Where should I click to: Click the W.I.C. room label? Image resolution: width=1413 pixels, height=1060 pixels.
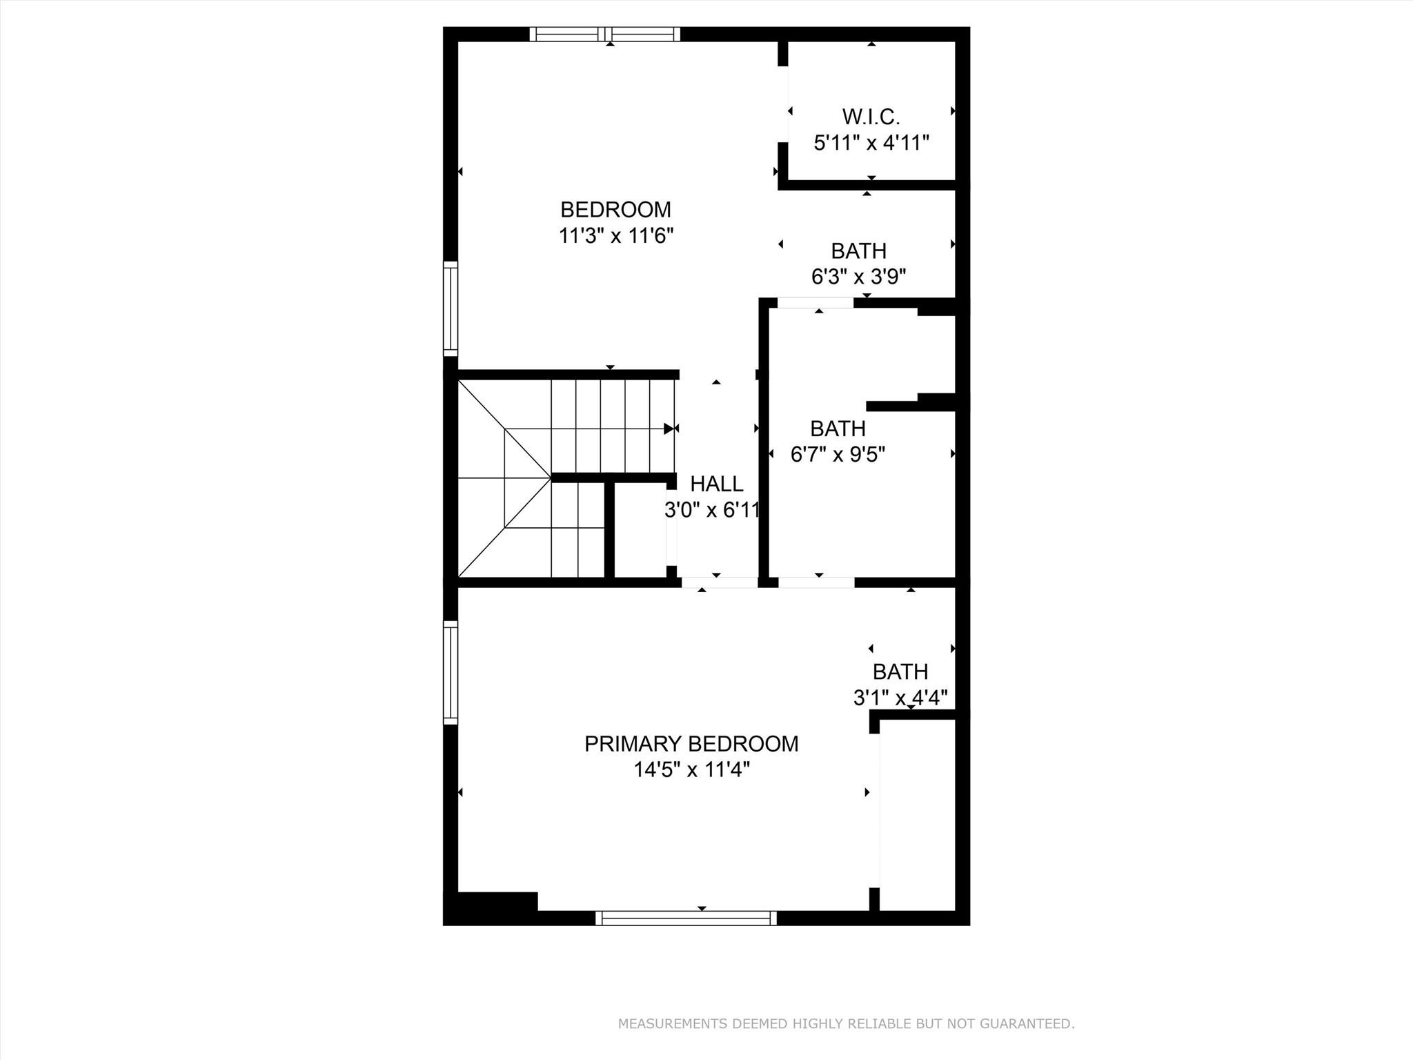(x=871, y=117)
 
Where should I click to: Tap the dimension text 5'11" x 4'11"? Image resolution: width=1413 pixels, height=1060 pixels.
(x=871, y=143)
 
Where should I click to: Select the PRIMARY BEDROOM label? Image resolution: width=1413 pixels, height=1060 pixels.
(x=691, y=743)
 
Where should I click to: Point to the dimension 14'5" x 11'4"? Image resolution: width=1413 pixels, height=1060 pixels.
(x=691, y=769)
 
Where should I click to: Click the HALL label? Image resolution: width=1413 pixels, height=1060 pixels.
(x=717, y=483)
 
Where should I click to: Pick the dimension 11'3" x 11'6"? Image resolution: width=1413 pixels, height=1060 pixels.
(x=615, y=235)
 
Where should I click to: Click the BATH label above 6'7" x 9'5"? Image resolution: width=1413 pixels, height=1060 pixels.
(x=838, y=429)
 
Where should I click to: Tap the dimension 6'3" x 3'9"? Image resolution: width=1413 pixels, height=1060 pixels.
(x=858, y=277)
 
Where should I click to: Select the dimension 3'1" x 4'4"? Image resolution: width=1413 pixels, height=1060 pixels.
(x=900, y=698)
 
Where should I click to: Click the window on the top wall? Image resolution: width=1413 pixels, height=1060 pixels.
(x=605, y=34)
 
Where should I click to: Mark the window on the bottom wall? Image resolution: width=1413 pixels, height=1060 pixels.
(x=686, y=917)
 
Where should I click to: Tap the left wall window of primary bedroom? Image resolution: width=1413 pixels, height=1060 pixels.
(x=450, y=672)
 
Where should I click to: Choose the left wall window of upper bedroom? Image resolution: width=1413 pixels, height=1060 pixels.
(x=450, y=308)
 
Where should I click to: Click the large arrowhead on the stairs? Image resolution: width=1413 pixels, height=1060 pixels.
(x=669, y=429)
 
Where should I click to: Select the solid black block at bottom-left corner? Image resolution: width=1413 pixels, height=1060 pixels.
(x=491, y=907)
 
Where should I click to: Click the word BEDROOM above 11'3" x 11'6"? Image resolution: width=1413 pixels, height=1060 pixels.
(x=615, y=209)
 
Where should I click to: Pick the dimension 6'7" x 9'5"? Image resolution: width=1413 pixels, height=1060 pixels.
(x=838, y=455)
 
